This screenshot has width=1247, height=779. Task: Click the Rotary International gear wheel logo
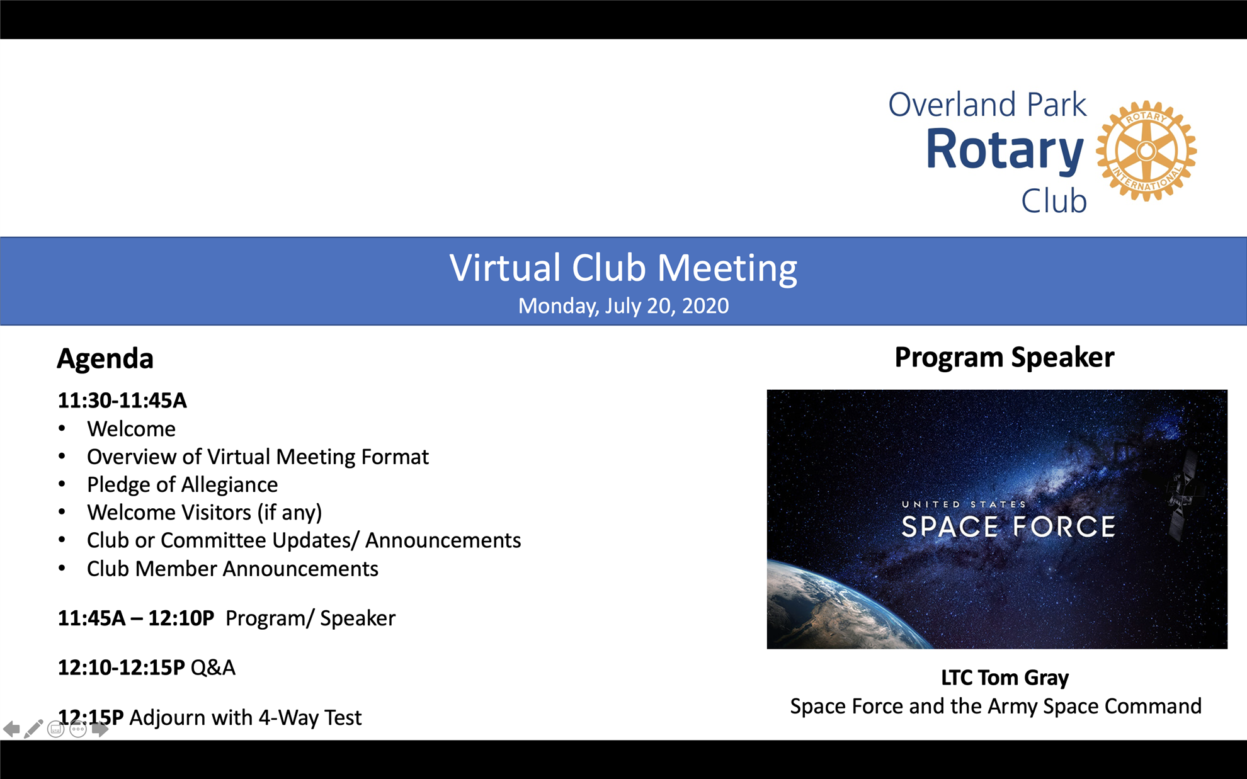(1146, 151)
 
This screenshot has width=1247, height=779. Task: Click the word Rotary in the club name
(1005, 150)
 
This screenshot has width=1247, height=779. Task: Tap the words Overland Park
(987, 105)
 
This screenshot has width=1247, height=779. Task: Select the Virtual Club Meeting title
(623, 268)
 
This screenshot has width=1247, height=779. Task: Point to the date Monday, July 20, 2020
(623, 306)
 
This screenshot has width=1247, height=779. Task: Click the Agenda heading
(105, 358)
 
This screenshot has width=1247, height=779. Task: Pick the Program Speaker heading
(1004, 357)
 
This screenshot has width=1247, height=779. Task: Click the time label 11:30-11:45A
(122, 401)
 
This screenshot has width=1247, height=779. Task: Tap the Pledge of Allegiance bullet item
(182, 484)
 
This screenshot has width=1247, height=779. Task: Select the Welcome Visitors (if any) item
(204, 513)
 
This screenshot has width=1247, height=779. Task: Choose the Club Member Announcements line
(232, 569)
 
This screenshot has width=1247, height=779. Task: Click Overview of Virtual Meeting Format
(258, 457)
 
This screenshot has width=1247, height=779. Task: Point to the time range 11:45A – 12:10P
(135, 618)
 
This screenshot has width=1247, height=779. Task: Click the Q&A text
(213, 668)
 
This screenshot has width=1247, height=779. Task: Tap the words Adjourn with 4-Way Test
(245, 717)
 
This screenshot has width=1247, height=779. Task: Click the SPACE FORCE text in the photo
(1008, 527)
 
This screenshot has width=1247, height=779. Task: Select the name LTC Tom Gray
(1005, 678)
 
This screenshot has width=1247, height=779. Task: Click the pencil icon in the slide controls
(33, 729)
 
